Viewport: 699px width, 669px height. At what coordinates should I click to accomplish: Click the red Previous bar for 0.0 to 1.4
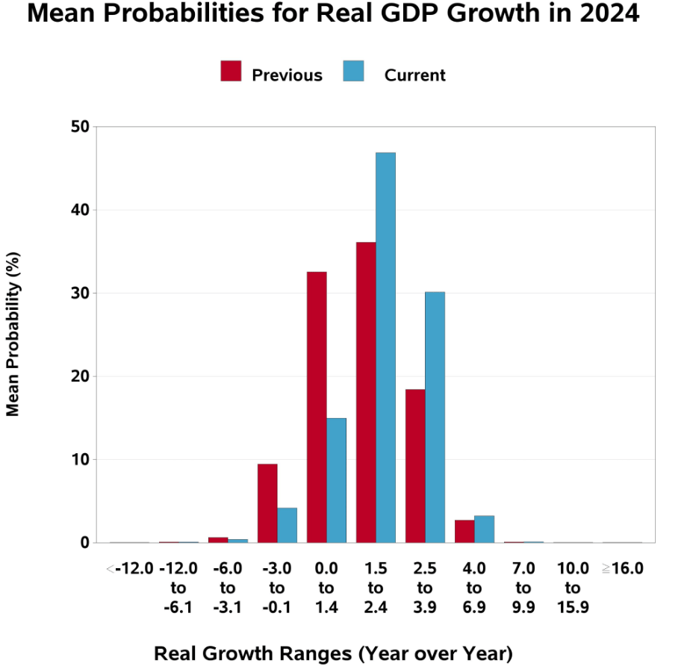pyautogui.click(x=317, y=407)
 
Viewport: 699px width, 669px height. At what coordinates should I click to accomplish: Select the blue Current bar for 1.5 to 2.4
pyautogui.click(x=385, y=347)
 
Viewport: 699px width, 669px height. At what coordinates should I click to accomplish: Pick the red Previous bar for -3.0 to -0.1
pyautogui.click(x=267, y=503)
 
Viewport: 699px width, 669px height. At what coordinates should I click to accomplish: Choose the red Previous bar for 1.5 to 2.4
pyautogui.click(x=366, y=392)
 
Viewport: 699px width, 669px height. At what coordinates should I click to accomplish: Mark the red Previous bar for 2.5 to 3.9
pyautogui.click(x=415, y=466)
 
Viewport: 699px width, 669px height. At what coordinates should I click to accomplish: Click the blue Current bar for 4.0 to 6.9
pyautogui.click(x=484, y=529)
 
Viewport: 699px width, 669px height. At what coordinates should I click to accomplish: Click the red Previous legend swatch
pyautogui.click(x=232, y=72)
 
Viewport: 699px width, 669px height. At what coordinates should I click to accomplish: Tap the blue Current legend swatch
pyautogui.click(x=353, y=72)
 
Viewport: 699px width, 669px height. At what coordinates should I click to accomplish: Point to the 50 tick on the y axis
pyautogui.click(x=81, y=127)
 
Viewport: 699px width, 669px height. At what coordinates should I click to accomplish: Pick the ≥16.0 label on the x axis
pyautogui.click(x=622, y=568)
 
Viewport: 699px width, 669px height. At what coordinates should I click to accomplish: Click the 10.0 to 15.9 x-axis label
pyautogui.click(x=573, y=588)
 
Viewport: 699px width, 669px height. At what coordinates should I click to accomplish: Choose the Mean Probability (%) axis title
pyautogui.click(x=13, y=334)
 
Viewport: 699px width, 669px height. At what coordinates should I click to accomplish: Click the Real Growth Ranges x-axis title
pyautogui.click(x=333, y=653)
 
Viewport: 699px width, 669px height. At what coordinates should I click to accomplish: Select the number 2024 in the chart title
pyautogui.click(x=604, y=15)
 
